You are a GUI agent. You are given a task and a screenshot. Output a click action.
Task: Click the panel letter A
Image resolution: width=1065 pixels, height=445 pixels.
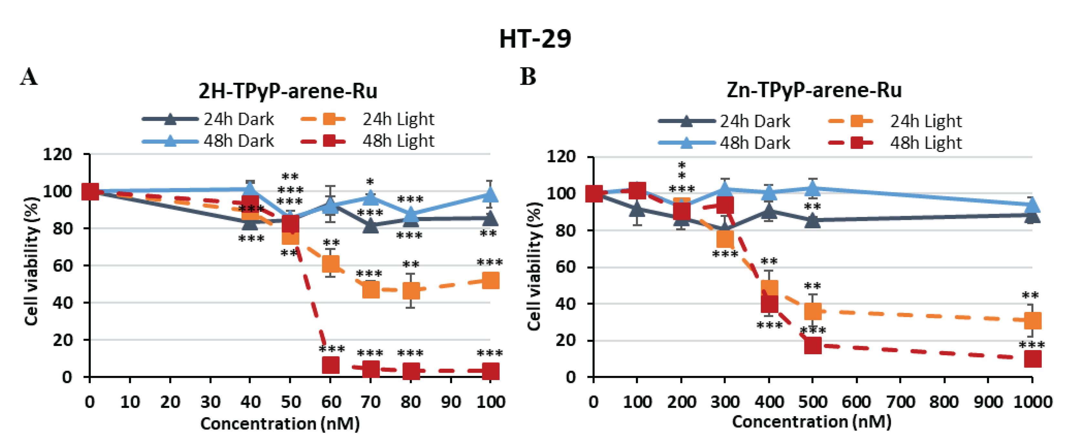click(29, 77)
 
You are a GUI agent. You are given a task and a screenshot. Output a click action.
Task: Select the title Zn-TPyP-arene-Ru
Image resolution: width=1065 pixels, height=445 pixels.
click(814, 90)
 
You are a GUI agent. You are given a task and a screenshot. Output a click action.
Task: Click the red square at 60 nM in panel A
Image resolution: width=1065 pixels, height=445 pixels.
click(331, 365)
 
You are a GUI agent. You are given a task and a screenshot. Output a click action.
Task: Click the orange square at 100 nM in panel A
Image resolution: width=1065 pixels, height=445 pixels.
click(490, 281)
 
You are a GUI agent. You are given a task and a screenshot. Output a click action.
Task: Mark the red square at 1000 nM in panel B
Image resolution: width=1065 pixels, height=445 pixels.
click(1032, 359)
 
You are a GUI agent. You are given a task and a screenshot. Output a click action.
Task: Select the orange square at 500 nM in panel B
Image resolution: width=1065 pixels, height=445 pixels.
click(813, 311)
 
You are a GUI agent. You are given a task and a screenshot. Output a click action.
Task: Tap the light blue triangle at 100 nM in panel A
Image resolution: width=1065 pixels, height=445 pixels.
click(490, 195)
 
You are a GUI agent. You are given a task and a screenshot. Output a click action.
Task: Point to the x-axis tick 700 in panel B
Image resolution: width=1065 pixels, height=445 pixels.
click(900, 402)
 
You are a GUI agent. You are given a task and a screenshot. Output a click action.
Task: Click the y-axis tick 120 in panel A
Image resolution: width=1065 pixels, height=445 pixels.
click(57, 154)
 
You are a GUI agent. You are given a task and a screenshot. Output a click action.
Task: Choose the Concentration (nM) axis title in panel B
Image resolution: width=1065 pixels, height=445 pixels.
click(812, 421)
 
